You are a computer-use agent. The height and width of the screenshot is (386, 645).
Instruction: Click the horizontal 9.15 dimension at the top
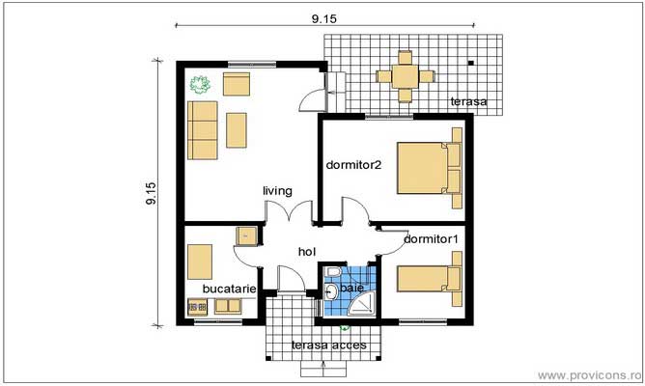point(323,16)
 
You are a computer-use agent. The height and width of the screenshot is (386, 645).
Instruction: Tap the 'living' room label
point(277,191)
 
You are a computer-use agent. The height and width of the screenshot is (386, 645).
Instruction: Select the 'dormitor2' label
point(353,164)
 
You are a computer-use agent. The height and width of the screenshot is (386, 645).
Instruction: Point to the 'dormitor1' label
point(431,238)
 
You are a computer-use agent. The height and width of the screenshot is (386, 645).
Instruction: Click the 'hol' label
point(307,252)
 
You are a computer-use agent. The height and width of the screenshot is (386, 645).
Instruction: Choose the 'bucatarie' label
point(229,288)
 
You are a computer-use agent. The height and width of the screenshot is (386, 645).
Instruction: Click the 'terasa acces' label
point(323,345)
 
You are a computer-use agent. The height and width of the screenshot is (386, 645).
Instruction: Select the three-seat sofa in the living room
point(204,130)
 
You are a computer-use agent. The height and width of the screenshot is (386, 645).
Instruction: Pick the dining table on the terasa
point(406,75)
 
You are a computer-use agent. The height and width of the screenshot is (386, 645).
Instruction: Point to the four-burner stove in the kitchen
point(197,308)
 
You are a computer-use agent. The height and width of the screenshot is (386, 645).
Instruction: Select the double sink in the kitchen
point(228,307)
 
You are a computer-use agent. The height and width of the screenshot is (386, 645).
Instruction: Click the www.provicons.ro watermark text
point(589,374)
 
